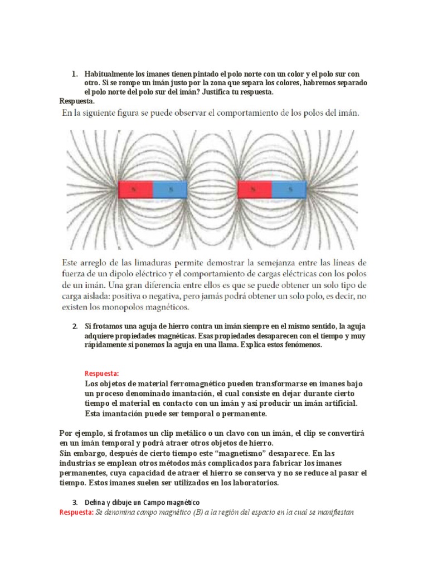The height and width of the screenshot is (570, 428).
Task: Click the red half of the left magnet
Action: [135, 189]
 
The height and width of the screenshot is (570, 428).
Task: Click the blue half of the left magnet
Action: [169, 189]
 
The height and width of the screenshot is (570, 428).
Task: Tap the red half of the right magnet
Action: [255, 189]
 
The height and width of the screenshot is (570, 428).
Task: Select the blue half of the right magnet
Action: [289, 189]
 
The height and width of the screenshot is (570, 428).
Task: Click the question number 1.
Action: [74, 74]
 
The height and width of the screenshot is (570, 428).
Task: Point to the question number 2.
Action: [75, 326]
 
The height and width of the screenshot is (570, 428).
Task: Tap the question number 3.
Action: [75, 503]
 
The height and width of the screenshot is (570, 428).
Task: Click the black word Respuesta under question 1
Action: [76, 101]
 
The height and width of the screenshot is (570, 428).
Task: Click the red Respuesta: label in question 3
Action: [76, 512]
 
